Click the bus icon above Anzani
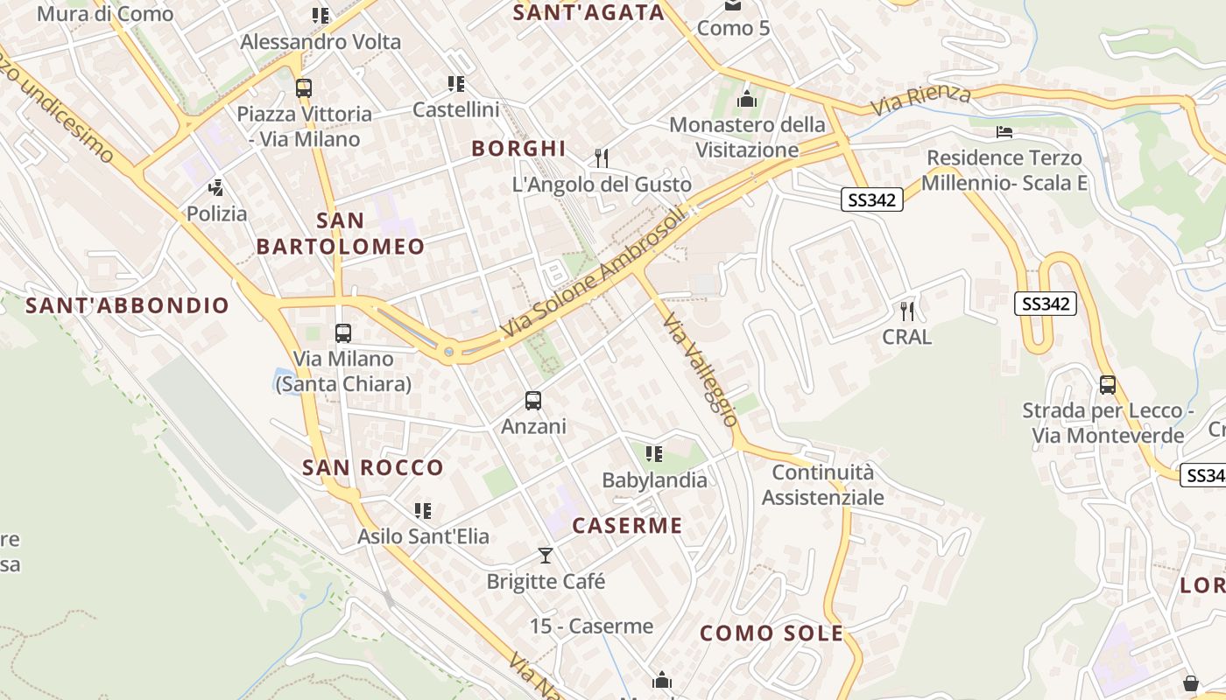point(532,401)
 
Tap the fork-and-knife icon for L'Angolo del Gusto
point(601,158)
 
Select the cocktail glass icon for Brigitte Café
point(546,556)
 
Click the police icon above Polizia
point(216,187)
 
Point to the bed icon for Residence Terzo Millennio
point(1004,132)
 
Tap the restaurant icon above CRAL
point(907,311)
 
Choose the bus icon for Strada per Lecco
point(1108,385)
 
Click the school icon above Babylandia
point(653,454)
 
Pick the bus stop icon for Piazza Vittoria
point(304,88)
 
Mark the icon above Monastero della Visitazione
point(747,98)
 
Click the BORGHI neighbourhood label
point(518,148)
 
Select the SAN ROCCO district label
point(373,467)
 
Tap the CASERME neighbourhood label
point(627,526)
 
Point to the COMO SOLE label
point(772,633)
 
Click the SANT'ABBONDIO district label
point(128,305)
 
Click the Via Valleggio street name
point(701,370)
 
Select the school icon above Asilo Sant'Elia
point(423,510)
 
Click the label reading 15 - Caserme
point(592,626)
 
